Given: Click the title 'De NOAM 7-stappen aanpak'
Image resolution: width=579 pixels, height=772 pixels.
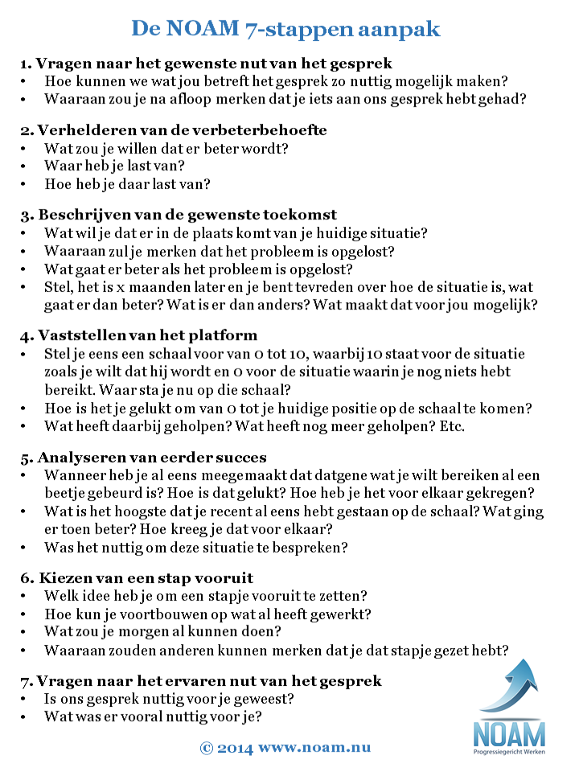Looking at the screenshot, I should (285, 30).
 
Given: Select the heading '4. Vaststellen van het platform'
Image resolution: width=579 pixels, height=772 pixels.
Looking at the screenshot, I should (150, 335).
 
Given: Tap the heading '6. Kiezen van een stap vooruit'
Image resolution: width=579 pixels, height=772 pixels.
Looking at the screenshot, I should (149, 578).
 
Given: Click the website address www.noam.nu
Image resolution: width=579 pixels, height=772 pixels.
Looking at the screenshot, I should (314, 747).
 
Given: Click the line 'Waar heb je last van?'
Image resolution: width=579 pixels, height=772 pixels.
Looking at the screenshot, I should (114, 166).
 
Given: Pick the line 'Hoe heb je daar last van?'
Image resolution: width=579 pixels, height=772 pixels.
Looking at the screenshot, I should (127, 184).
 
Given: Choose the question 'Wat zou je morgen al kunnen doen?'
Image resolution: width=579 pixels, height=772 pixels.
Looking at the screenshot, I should (162, 631).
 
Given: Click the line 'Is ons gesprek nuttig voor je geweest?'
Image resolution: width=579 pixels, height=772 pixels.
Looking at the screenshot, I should (169, 699).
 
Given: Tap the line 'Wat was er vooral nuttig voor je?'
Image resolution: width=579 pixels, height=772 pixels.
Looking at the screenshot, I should (154, 717).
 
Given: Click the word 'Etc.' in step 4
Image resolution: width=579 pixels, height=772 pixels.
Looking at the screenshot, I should (450, 426).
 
